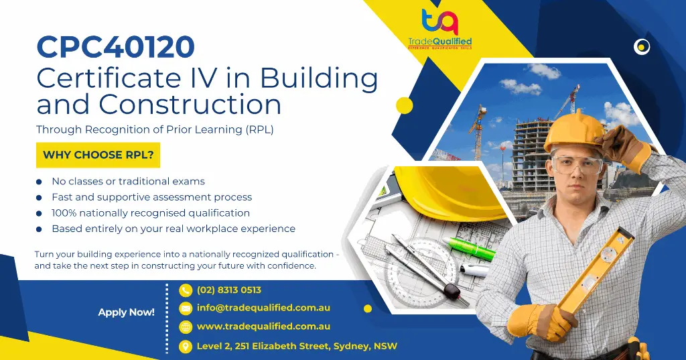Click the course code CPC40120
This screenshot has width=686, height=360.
(115, 47)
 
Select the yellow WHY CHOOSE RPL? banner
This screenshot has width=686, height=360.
(98, 155)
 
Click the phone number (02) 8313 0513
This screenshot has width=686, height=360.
(228, 290)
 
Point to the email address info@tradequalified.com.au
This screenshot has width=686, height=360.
(263, 308)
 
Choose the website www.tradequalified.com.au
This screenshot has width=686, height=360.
(263, 326)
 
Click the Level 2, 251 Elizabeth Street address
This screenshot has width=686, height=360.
(296, 346)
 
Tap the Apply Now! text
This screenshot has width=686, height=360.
(126, 312)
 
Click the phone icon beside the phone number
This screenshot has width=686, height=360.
(186, 290)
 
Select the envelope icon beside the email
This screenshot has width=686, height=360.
(186, 308)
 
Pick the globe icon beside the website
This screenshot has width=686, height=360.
(186, 327)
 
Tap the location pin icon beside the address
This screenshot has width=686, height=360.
(186, 346)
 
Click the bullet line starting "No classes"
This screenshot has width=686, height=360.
(128, 181)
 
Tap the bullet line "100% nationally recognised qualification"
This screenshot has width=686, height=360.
(151, 213)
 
